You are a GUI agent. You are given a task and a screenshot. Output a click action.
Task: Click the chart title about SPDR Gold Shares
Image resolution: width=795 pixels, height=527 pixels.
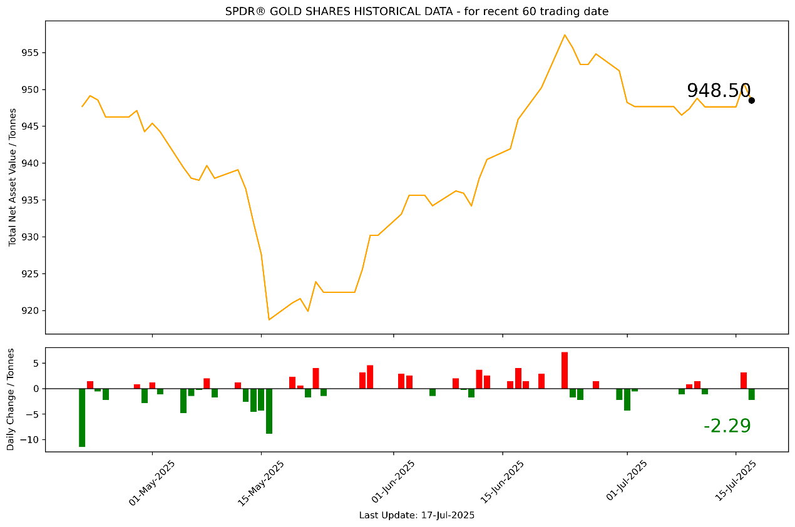click(x=416, y=11)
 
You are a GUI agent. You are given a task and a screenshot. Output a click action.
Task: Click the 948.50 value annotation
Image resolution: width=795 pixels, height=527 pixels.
click(x=718, y=91)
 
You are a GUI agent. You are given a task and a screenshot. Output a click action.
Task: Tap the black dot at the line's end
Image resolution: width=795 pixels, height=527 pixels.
click(x=751, y=100)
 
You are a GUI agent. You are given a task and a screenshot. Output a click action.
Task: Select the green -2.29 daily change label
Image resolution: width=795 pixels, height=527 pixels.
click(x=727, y=426)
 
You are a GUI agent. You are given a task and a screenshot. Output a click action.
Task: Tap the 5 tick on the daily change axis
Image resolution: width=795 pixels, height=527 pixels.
click(x=35, y=363)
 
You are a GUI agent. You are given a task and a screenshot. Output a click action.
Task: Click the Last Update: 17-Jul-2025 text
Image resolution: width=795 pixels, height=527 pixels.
click(x=416, y=516)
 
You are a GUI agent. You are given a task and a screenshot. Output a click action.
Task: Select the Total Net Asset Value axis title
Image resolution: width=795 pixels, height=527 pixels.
click(x=12, y=177)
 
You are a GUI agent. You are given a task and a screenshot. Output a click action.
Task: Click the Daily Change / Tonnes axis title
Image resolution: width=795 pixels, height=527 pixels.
click(x=11, y=399)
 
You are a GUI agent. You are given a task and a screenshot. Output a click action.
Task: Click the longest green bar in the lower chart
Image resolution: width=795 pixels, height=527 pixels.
click(x=82, y=417)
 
